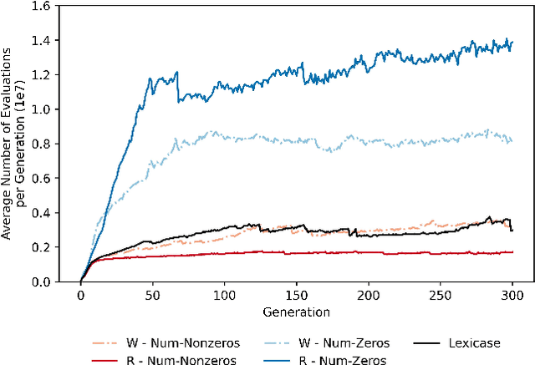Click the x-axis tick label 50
(x=152, y=296)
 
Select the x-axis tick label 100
(x=224, y=296)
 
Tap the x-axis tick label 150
(x=297, y=296)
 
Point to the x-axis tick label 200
(x=369, y=296)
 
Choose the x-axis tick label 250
(x=441, y=296)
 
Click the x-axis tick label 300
(x=512, y=296)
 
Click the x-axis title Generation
(x=296, y=312)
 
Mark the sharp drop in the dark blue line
(x=178, y=88)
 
